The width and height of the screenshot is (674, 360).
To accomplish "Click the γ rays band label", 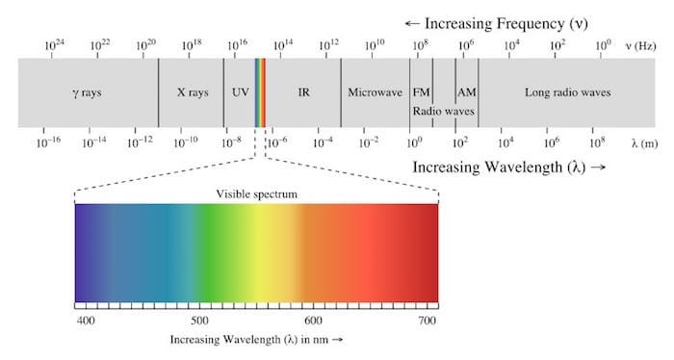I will coord(89,93).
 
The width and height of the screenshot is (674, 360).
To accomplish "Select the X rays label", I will coord(191,93).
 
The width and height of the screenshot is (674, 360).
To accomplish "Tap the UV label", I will coord(240,93).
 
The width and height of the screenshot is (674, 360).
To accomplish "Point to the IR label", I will coord(303,93).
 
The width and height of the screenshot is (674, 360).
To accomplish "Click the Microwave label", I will coord(375,93).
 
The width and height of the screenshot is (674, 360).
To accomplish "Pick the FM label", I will coord(421,93).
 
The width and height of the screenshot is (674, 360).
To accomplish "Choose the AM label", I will coord(466,93).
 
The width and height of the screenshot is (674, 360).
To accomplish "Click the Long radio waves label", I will coord(567,93).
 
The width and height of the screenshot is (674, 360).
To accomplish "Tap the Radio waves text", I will coord(444,112).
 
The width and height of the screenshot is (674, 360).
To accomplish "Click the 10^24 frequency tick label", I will coord(55,45).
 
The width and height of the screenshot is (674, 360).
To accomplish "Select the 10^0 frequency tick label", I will coord(603,45).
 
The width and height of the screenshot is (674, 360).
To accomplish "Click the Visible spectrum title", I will coord(256,193).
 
